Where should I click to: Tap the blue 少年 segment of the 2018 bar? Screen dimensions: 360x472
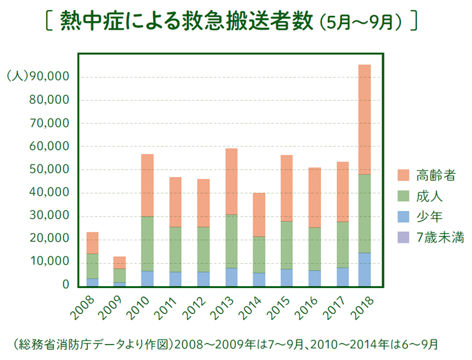point(364,269)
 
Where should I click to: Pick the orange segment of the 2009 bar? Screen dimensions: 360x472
point(120,263)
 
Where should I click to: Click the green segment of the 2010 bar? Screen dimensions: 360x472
point(147,243)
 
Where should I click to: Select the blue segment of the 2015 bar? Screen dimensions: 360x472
point(286,277)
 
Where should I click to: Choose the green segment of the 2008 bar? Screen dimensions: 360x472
point(92,266)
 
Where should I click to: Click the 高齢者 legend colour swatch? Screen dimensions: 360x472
point(403,174)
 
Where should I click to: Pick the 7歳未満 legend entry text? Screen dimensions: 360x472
point(439,238)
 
